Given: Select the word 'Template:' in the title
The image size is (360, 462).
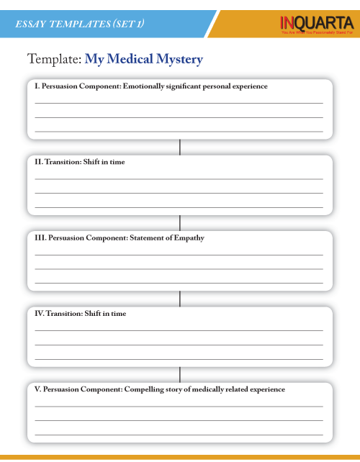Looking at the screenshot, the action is click(x=54, y=59).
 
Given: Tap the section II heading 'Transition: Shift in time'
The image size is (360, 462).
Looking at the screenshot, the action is click(x=80, y=162).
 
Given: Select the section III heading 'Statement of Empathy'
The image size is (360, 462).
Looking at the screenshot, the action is click(x=120, y=237).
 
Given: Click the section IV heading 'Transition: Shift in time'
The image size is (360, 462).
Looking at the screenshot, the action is click(x=81, y=314).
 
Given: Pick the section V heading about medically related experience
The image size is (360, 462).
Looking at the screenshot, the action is click(x=160, y=389).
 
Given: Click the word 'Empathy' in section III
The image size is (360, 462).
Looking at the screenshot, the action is click(x=189, y=238).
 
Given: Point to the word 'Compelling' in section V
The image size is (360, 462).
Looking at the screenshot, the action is click(x=144, y=389).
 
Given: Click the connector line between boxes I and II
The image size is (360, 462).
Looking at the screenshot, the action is click(x=180, y=147).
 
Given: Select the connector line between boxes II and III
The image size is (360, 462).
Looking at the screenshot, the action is click(x=180, y=222).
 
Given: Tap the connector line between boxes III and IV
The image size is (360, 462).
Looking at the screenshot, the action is click(x=180, y=299).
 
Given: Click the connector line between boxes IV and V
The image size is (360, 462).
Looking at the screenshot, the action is click(x=180, y=374).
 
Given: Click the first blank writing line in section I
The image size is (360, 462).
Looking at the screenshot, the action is click(x=179, y=103).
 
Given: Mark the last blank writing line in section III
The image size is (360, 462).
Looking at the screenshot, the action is click(x=179, y=283).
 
